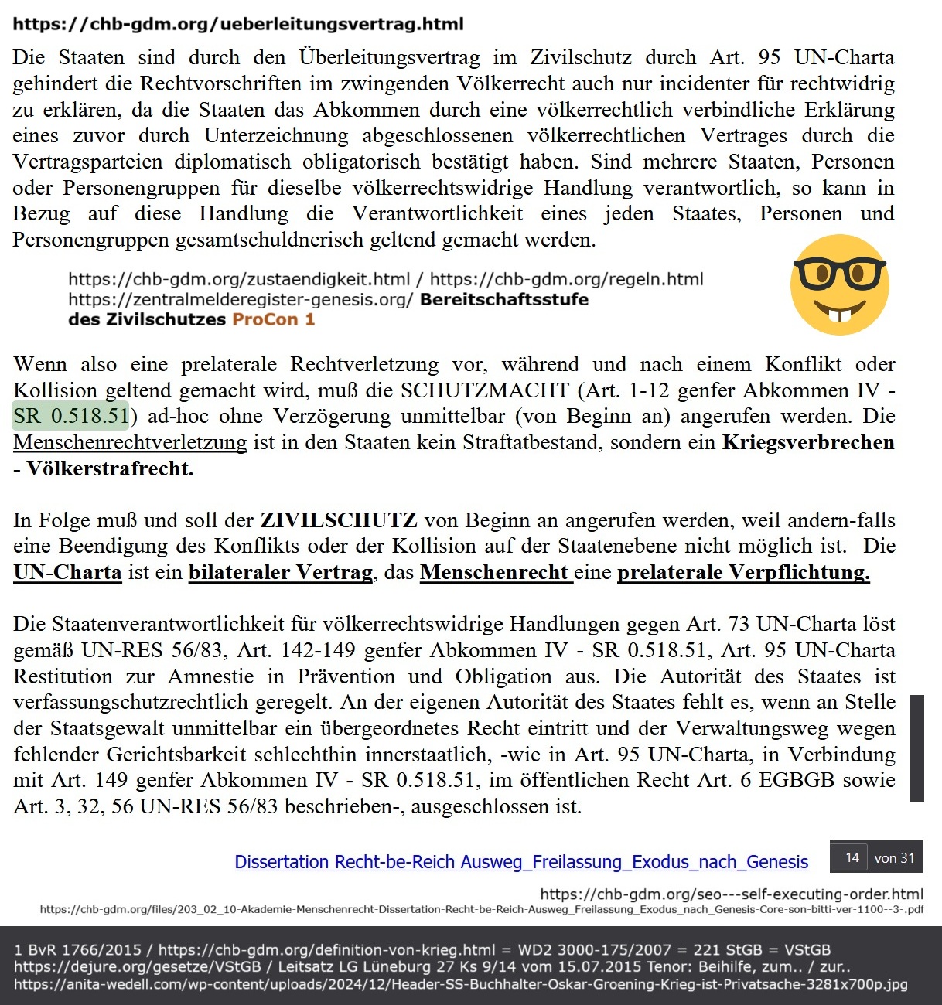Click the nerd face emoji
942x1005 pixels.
[x=839, y=284]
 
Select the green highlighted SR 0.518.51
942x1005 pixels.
[x=71, y=416]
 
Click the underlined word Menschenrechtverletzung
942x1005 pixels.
[x=130, y=442]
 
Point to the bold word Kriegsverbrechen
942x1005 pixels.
[x=808, y=442]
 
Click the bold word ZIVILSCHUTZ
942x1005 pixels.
[x=339, y=520]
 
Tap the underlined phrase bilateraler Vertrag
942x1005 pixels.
[x=281, y=573]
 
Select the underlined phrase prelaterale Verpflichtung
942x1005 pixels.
[x=743, y=573]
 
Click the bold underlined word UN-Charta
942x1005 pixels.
[x=68, y=573]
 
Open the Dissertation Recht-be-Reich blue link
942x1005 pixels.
[x=521, y=862]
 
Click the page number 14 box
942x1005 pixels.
[x=852, y=857]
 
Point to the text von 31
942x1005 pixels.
[x=894, y=857]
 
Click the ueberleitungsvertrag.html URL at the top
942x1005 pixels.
[x=238, y=24]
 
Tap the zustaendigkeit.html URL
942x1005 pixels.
[x=239, y=279]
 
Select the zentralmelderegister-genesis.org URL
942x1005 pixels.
[x=241, y=299]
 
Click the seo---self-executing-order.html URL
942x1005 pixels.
[x=732, y=894]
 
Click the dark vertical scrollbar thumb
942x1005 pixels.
[x=916, y=748]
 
